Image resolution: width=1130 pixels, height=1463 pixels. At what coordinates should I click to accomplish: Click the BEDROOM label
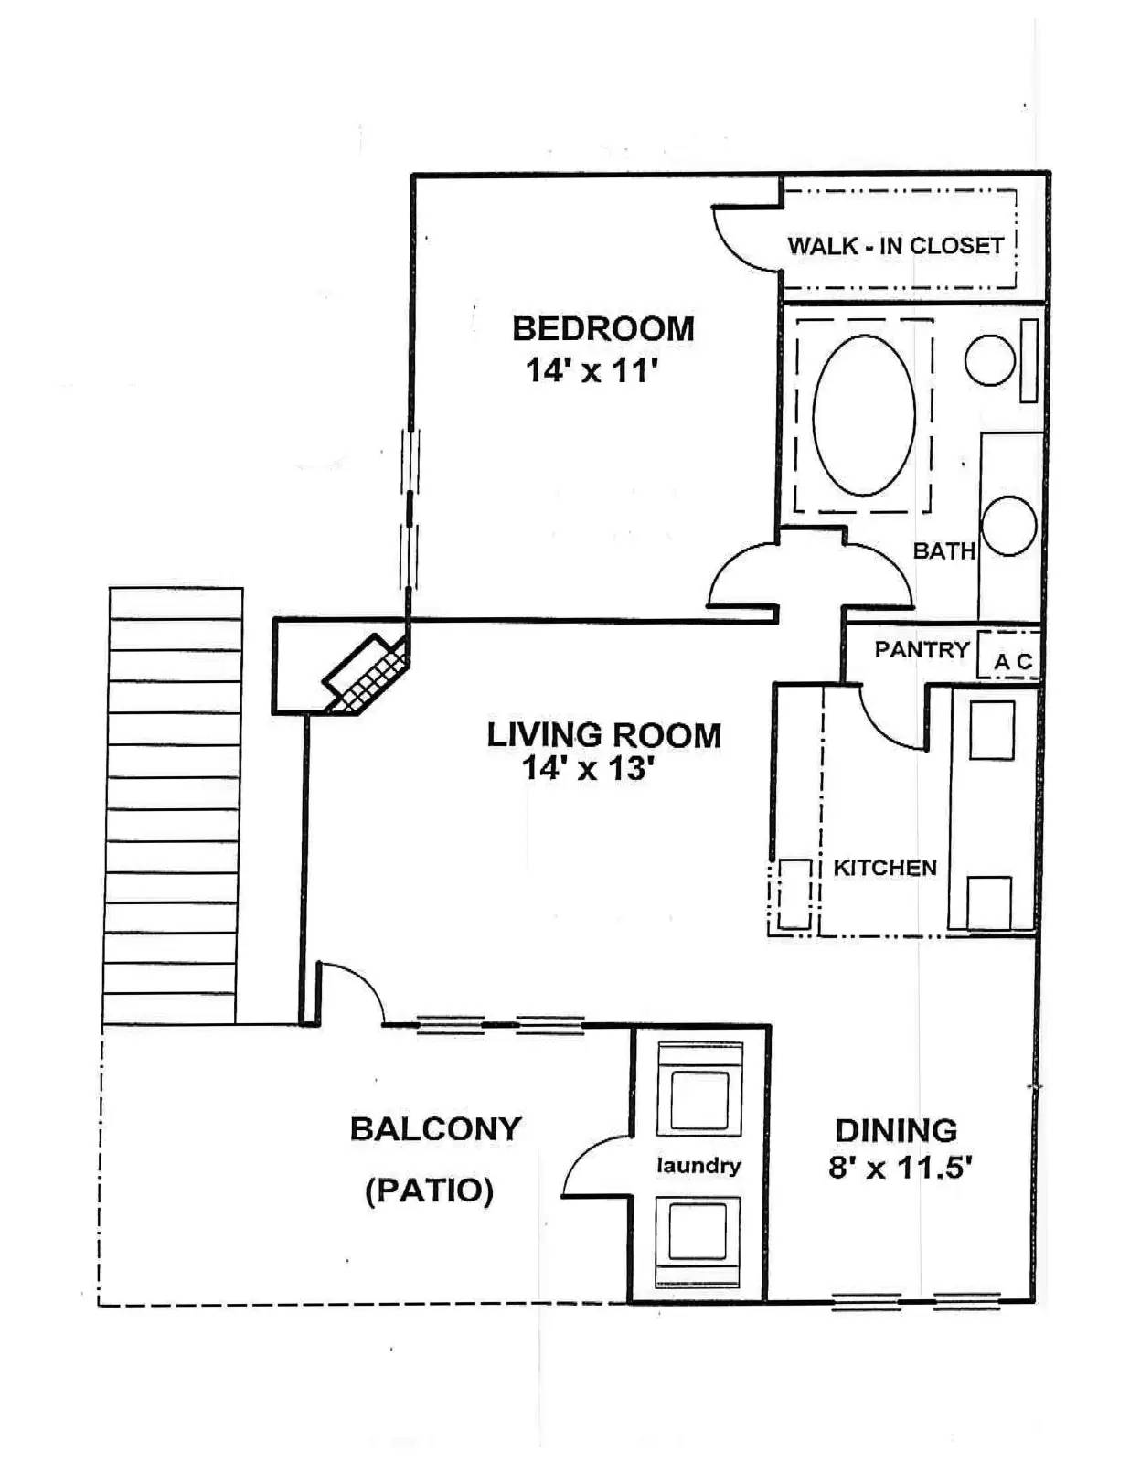click(x=603, y=329)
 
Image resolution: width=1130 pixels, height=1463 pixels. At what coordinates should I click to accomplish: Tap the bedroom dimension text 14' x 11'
click(x=591, y=370)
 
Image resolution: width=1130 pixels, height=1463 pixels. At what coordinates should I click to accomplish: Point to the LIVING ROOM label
click(x=603, y=735)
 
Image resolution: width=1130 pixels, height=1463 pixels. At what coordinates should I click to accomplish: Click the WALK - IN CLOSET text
click(x=896, y=246)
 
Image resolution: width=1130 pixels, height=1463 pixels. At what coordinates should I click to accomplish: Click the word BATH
click(x=943, y=551)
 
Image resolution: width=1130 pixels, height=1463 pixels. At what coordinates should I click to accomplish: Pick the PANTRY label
click(x=922, y=650)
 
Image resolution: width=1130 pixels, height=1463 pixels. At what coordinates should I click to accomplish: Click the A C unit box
click(x=1008, y=654)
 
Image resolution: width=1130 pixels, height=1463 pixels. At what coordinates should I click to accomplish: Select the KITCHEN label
click(x=885, y=868)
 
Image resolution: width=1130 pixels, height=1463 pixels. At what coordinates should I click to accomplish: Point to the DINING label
click(x=897, y=1130)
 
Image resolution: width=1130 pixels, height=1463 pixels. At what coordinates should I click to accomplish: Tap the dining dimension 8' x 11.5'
click(x=901, y=1168)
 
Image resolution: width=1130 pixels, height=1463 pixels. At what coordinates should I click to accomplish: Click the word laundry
click(x=698, y=1166)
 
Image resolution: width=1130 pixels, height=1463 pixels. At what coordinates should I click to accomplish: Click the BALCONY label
click(x=435, y=1129)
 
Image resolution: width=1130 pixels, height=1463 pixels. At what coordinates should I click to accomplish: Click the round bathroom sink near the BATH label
click(x=1008, y=526)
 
